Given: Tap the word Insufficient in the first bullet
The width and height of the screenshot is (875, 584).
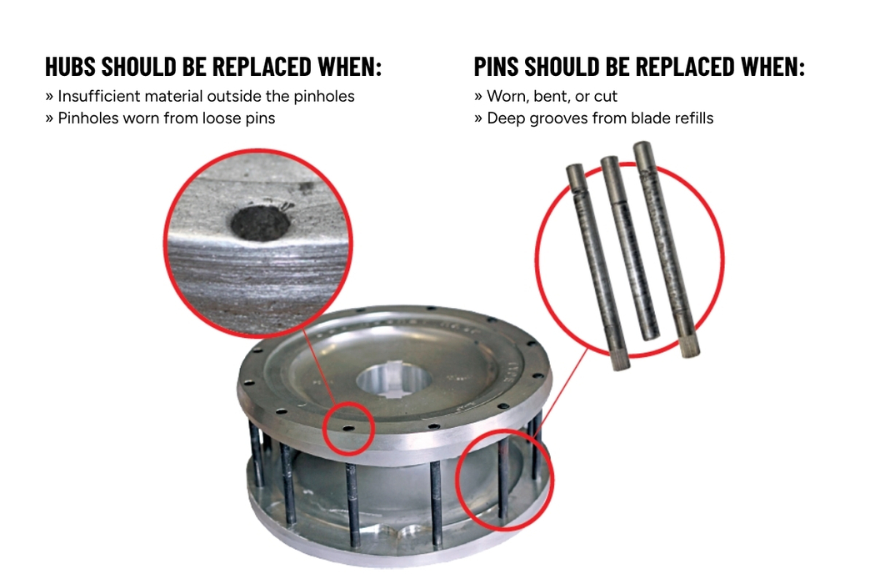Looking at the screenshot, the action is click(x=99, y=96).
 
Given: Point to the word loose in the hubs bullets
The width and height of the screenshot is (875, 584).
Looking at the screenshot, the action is click(x=222, y=118).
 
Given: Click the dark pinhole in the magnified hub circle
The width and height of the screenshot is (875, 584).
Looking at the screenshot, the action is click(x=260, y=223).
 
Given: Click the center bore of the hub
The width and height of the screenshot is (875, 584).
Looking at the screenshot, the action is click(x=394, y=380).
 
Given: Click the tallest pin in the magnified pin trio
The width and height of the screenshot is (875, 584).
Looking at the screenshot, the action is click(x=666, y=249).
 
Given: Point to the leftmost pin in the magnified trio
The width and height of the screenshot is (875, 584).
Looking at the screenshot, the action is click(x=598, y=267).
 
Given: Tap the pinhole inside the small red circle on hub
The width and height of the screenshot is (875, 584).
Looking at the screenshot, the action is click(x=348, y=429).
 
